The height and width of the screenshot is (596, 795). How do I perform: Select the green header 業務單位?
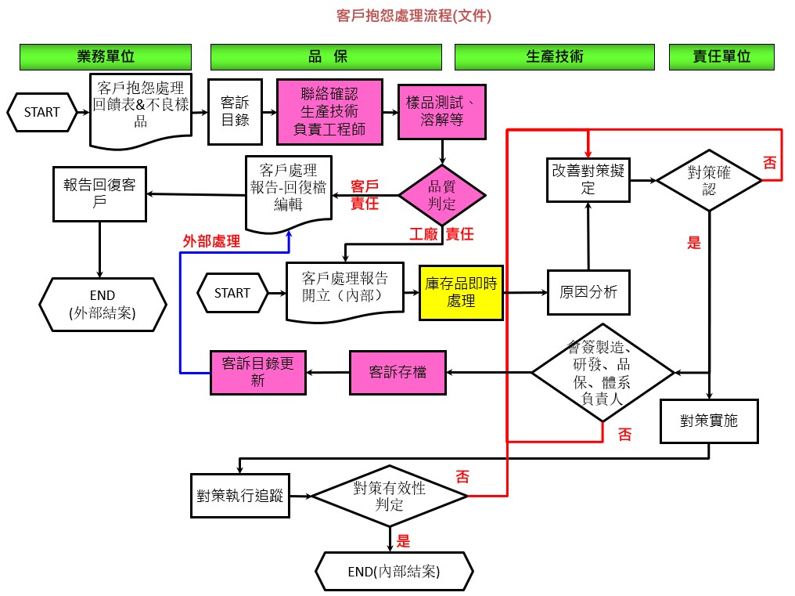pos(106,56)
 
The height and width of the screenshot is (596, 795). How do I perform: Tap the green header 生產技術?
pos(554,56)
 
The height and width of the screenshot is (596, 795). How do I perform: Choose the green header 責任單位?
pos(721,56)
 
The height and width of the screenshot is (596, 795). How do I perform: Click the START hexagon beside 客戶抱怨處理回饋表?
pos(42,112)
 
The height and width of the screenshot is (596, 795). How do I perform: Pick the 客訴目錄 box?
pos(235,112)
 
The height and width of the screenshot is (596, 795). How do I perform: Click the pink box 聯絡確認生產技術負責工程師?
pos(329,112)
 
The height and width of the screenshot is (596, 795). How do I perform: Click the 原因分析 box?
pos(588,292)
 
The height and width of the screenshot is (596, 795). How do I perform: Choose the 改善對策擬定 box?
pos(588,180)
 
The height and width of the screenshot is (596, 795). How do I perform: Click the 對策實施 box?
pos(709,421)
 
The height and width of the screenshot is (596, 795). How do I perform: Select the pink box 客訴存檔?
pos(397,372)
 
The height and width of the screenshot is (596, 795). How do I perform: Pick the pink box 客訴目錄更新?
pos(258,372)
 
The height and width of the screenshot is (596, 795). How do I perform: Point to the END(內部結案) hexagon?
pos(394,572)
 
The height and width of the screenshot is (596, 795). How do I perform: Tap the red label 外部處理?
pos(211,242)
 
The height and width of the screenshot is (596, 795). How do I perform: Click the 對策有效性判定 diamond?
pos(390,496)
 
